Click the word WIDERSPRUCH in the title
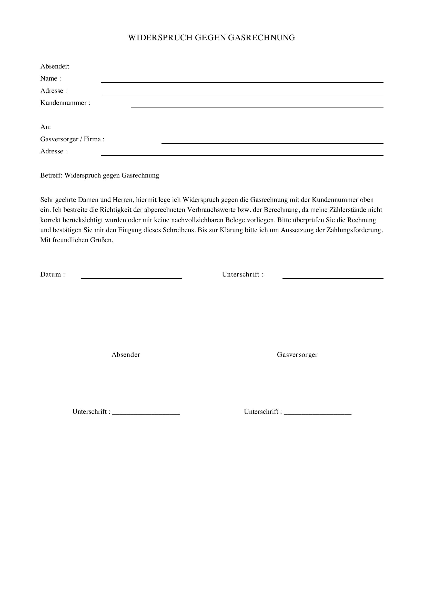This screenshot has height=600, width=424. [160, 38]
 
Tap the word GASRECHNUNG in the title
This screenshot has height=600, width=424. [261, 38]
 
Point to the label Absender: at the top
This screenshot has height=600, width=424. [55, 66]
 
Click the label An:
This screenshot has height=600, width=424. [45, 127]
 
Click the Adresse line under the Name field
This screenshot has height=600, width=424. [242, 94]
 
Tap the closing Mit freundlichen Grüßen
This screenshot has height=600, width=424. [77, 240]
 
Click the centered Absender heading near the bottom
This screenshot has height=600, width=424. [126, 355]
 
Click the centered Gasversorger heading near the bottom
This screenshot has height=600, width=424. [297, 355]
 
